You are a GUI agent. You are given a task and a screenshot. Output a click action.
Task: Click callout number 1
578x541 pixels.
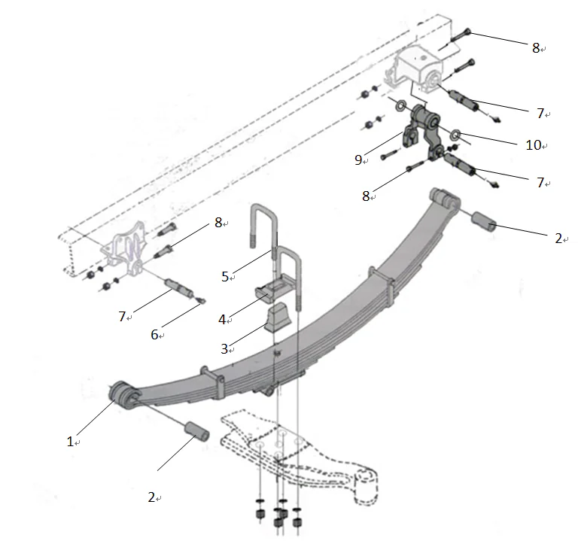click(70, 442)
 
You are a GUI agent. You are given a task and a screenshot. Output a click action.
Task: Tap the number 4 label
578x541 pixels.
click(222, 320)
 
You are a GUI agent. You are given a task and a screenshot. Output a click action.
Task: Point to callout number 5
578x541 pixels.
click(225, 276)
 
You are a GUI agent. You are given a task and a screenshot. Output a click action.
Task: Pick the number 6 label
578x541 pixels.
click(154, 335)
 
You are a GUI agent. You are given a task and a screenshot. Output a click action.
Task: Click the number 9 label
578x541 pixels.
click(358, 159)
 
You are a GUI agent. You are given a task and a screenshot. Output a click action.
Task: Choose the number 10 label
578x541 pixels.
click(533, 145)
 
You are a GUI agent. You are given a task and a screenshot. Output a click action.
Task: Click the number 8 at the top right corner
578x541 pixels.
click(536, 48)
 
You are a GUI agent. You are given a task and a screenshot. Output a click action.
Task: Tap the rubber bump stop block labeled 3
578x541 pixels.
click(278, 317)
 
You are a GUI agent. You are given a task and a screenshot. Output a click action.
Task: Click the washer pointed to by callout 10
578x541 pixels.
click(456, 134)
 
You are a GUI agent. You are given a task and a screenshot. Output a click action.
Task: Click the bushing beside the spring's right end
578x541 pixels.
click(483, 223)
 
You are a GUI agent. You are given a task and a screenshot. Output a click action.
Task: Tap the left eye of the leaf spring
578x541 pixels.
click(123, 394)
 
